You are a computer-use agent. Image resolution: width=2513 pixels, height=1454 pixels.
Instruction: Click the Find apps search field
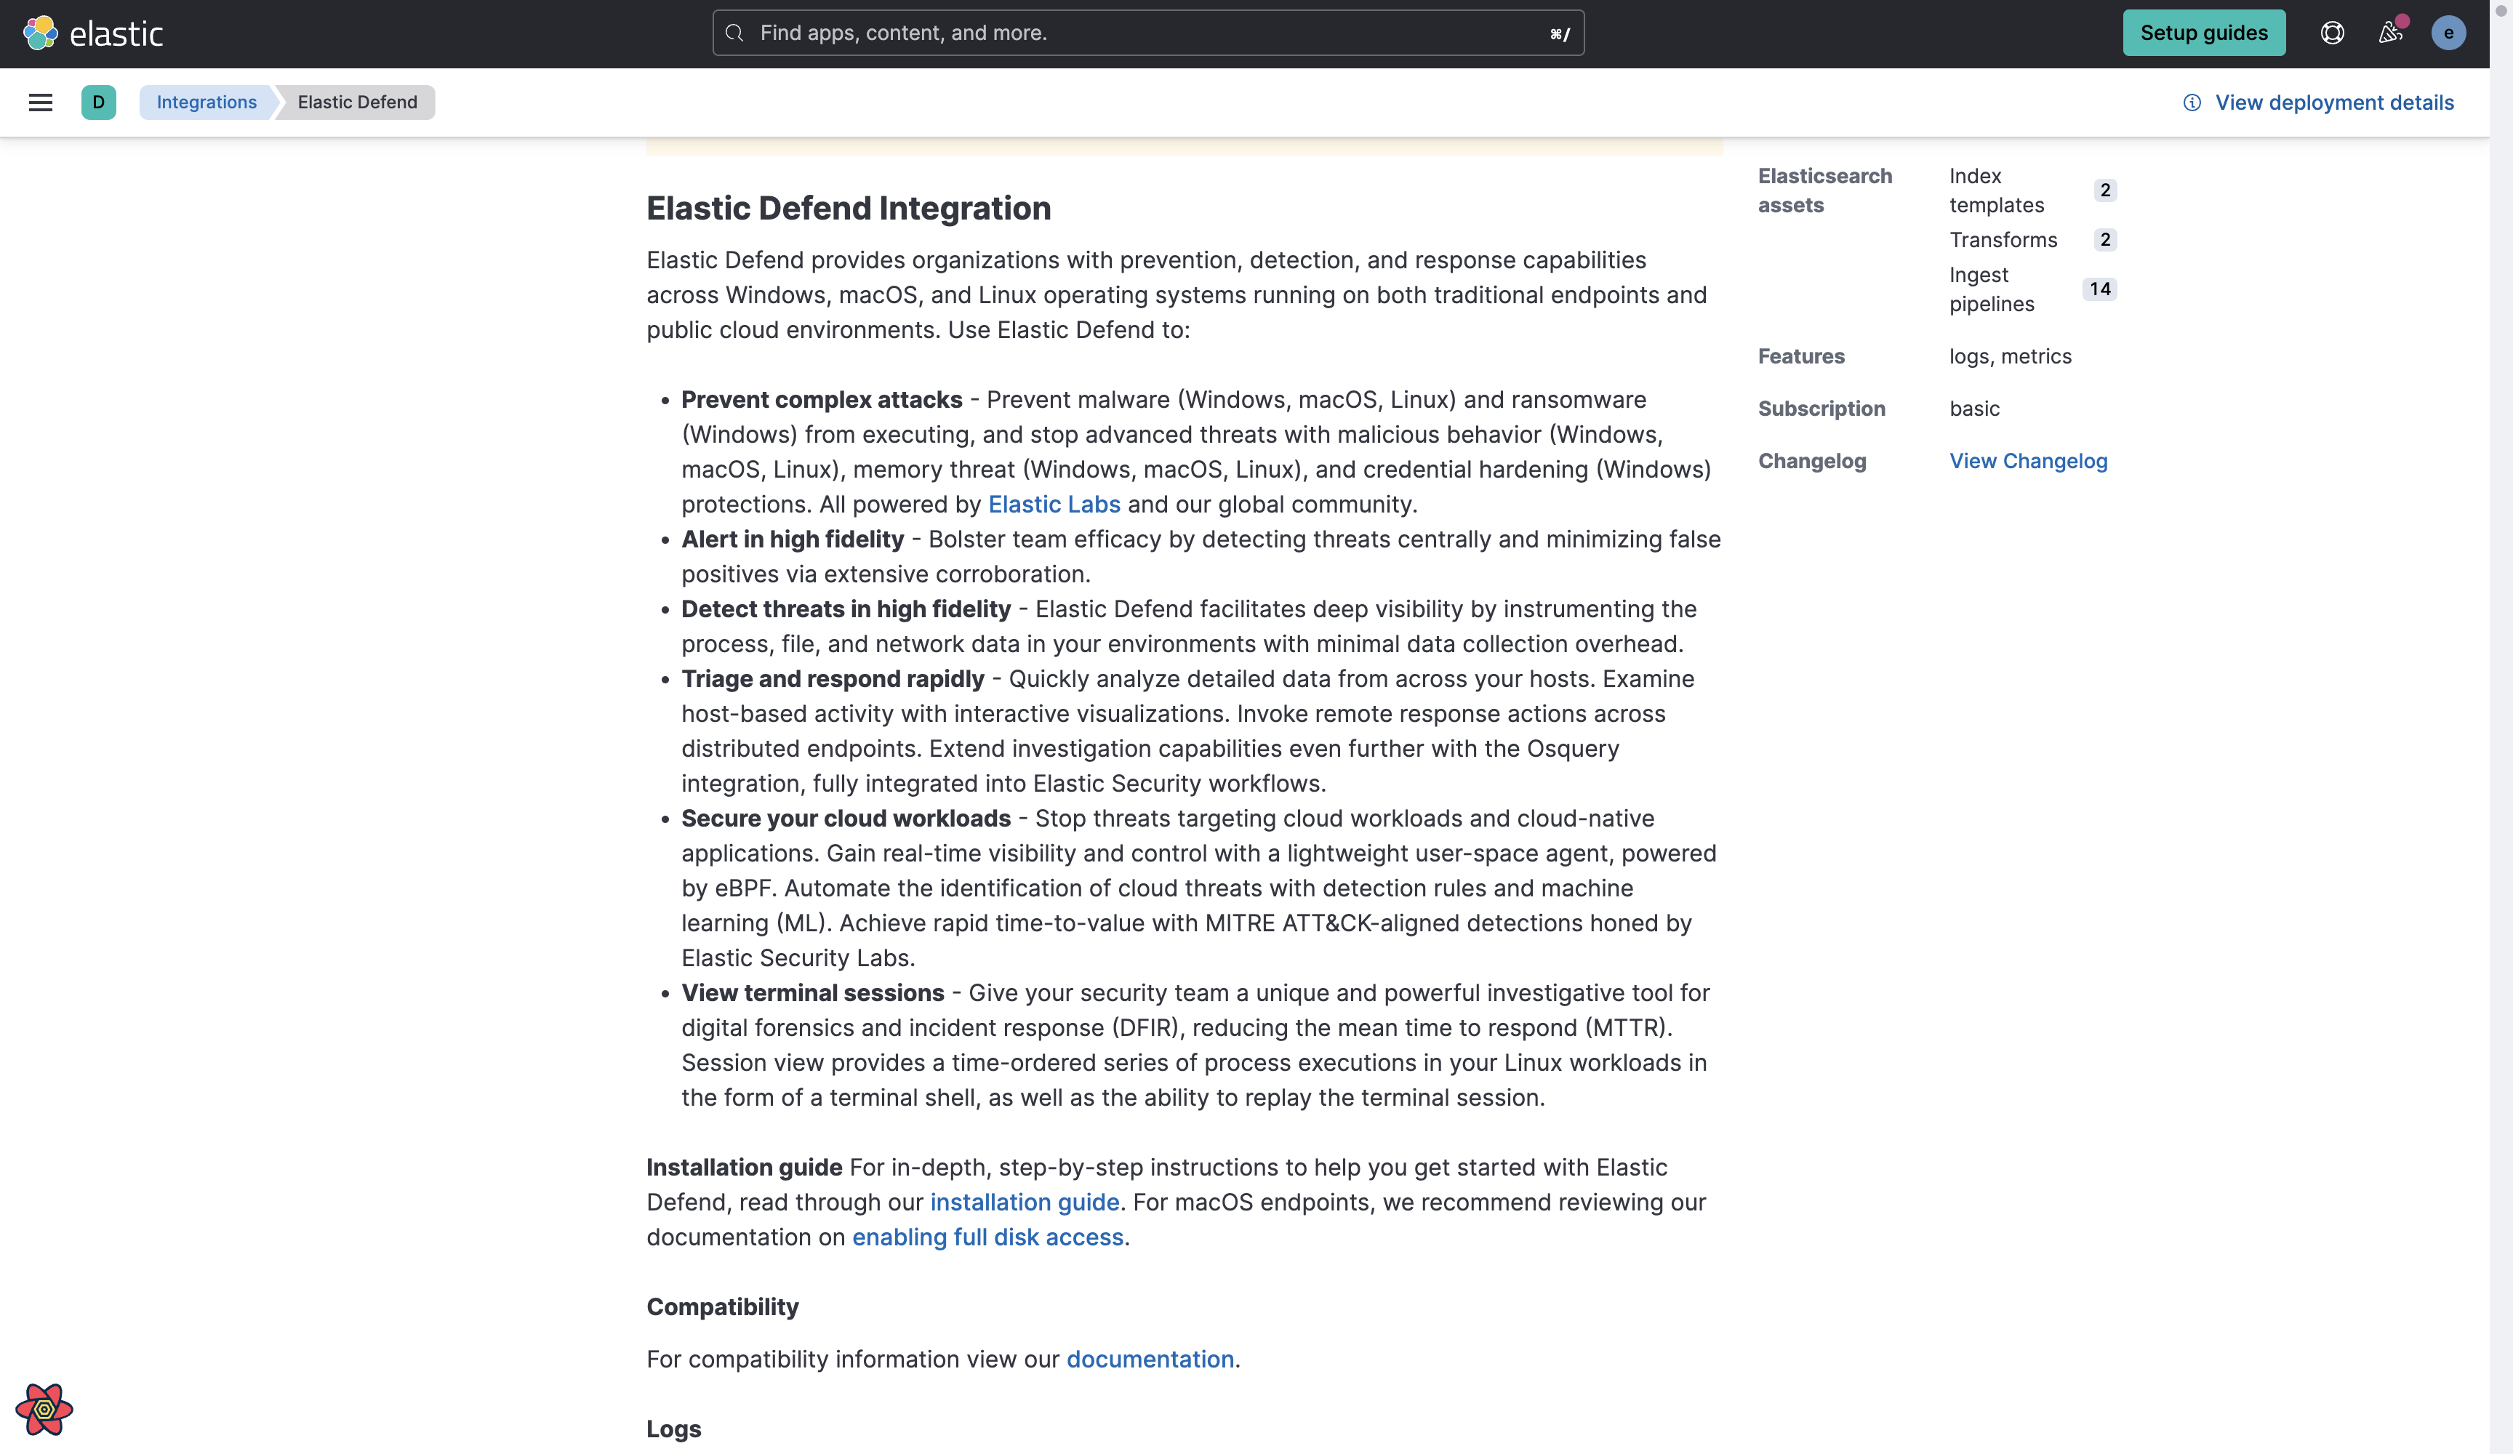click(1147, 33)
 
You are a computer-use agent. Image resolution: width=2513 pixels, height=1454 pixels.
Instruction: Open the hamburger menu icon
click(40, 103)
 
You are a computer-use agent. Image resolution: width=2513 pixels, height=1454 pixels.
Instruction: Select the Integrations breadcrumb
click(207, 103)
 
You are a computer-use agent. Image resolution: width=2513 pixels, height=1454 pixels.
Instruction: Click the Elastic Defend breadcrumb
click(357, 103)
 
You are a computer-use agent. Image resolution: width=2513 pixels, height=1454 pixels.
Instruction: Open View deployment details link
click(2333, 103)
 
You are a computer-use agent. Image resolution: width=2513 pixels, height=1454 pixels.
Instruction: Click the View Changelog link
click(2027, 461)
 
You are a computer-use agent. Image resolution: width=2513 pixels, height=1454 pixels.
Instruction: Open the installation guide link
click(1024, 1202)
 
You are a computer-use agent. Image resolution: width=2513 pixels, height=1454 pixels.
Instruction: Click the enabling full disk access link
click(987, 1237)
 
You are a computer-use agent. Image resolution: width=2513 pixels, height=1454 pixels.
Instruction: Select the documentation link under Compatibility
click(1150, 1359)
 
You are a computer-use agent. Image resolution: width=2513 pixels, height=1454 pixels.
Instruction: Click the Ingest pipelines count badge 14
click(2099, 289)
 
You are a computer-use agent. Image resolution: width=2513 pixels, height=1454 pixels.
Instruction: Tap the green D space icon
click(97, 103)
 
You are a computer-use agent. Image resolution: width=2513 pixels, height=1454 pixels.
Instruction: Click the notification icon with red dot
click(2390, 33)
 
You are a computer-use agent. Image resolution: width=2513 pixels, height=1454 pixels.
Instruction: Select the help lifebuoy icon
click(2330, 33)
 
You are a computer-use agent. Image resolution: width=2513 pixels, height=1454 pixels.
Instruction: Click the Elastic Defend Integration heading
click(848, 209)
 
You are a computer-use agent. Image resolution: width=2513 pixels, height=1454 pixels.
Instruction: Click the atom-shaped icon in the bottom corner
click(44, 1408)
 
